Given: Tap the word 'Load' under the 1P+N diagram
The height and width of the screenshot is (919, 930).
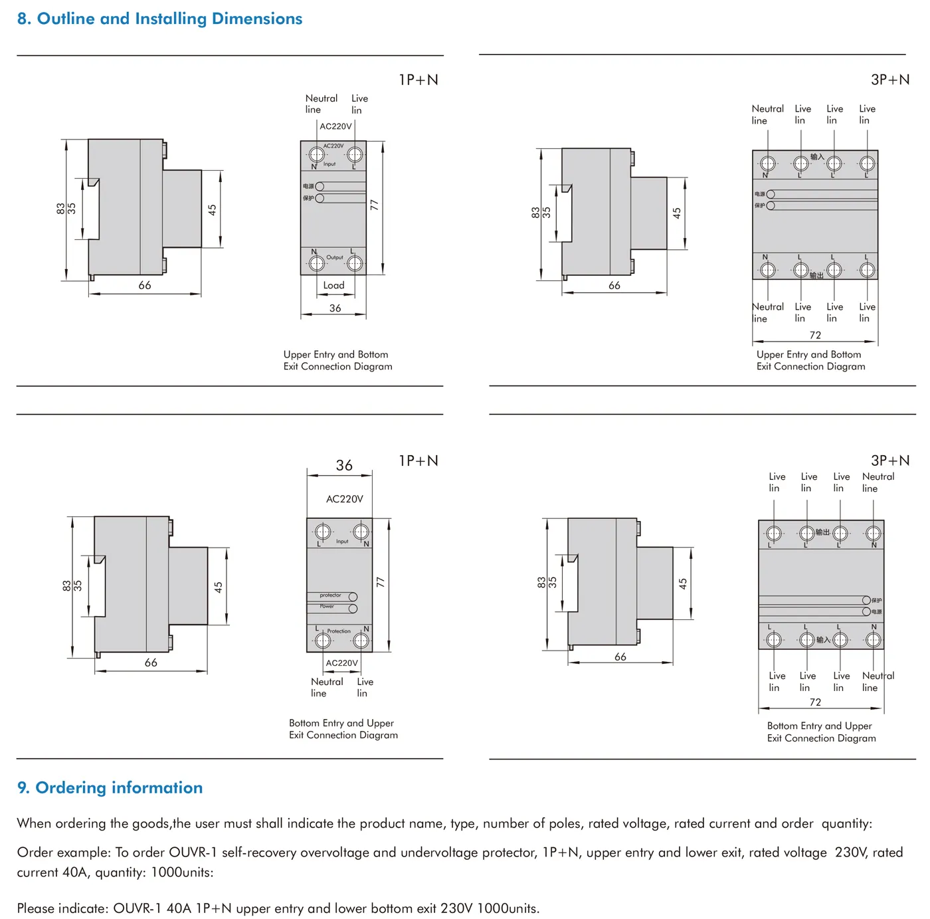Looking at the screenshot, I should (x=333, y=285).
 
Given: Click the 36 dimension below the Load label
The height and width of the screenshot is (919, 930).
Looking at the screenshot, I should (x=335, y=308).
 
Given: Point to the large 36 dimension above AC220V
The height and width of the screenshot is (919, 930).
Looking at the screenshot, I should (x=344, y=465).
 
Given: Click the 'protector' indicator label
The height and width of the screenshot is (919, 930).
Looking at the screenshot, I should (x=330, y=595).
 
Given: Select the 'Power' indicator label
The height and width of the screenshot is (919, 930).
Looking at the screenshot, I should (x=327, y=606).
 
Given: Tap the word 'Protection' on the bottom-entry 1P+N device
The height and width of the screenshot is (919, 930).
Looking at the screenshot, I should (x=339, y=631).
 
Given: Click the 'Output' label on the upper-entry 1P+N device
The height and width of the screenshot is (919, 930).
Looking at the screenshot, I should (x=335, y=257).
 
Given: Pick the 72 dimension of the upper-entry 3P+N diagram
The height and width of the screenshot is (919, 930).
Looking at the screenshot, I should (x=815, y=335).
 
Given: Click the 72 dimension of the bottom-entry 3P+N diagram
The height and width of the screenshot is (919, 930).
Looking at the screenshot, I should (x=815, y=702).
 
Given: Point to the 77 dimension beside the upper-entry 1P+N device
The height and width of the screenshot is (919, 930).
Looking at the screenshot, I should (x=374, y=205).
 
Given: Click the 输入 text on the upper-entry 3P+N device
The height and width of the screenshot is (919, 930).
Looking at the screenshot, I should (x=816, y=157).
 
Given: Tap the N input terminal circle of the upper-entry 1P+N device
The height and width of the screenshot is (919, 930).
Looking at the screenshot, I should (x=317, y=155).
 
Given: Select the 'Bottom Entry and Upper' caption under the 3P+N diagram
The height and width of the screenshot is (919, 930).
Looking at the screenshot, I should (x=819, y=726).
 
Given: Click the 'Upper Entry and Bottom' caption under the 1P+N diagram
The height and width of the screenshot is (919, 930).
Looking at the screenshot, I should (x=335, y=354).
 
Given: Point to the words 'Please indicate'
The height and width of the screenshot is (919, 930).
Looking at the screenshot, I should (x=62, y=908).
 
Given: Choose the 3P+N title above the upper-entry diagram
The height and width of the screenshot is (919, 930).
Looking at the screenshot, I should (x=890, y=80).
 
